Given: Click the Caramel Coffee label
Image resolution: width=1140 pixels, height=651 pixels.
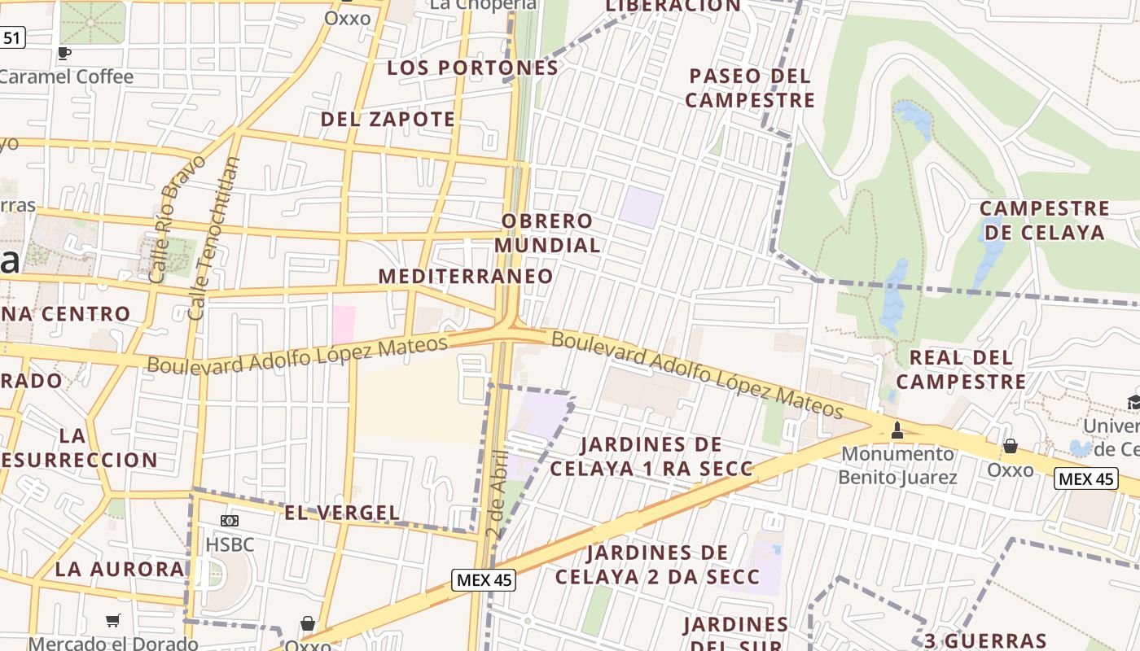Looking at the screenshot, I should coord(67,76).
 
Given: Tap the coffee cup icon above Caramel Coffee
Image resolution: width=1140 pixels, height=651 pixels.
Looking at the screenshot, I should coord(64,53).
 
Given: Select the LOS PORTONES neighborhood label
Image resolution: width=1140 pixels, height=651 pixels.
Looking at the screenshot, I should coord(472,68).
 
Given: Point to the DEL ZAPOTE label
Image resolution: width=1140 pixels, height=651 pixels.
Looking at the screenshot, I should coord(388,119).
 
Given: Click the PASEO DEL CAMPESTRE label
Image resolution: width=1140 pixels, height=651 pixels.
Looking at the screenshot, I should coord(750,88).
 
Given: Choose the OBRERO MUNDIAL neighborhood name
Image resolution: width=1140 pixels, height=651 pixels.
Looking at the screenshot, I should coord(547,233).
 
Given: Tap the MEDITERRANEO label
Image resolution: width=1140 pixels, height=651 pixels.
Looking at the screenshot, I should coord(466,276).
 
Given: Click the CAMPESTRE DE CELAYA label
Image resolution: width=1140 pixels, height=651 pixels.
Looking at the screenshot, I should coord(1044,221).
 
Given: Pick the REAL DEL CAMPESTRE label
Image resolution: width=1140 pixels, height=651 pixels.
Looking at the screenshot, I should coord(961,369).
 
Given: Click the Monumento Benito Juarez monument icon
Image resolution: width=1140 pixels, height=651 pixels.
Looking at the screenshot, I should coord(897,430).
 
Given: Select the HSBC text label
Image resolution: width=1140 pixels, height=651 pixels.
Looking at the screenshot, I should coord(230,544).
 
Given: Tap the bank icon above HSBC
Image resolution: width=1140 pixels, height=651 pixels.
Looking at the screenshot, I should coord(230,521).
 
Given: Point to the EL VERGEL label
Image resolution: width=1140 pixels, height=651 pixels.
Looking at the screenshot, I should coord(342,513).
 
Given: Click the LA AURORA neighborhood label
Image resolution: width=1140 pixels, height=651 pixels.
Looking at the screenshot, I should coord(120,569).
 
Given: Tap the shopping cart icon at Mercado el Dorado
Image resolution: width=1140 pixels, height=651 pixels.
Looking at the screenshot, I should coord(113,621).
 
